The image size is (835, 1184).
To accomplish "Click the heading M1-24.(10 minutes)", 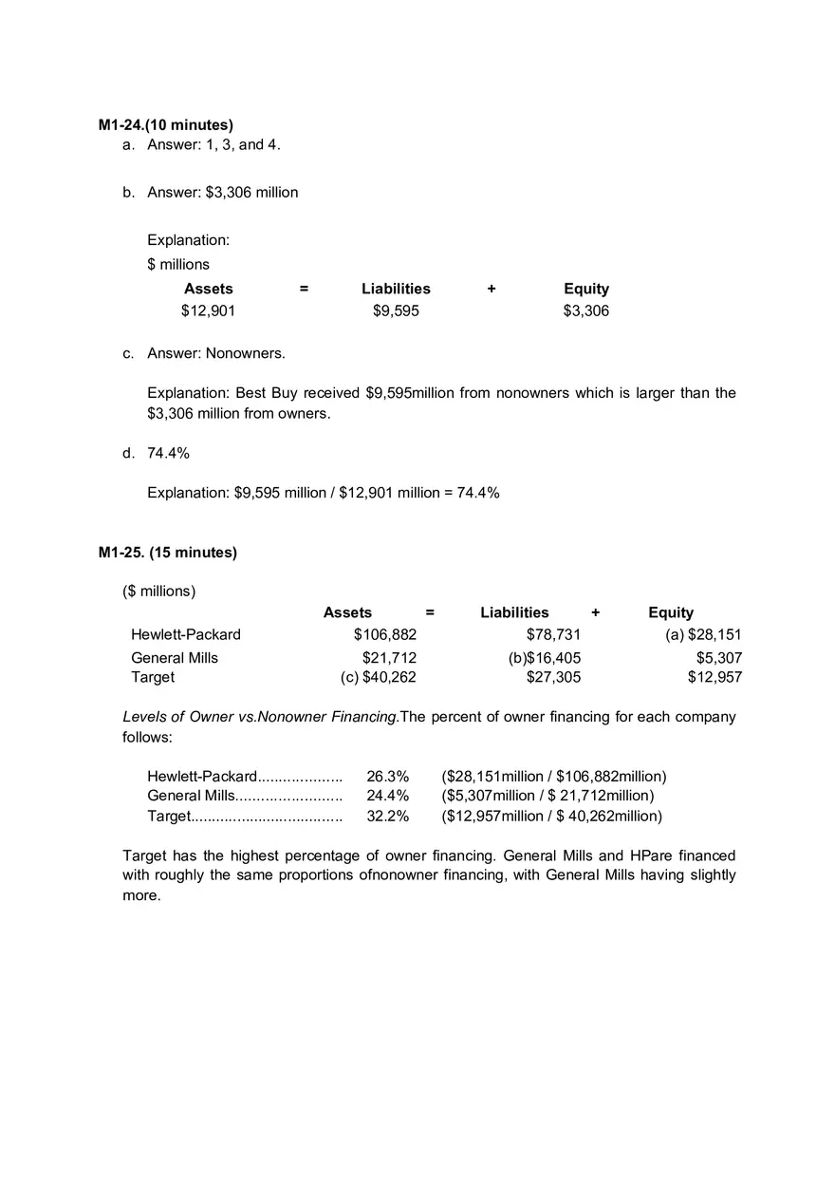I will click(166, 125).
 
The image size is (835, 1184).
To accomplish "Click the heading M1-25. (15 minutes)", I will click(168, 553).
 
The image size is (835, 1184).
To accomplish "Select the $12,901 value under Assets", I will click(208, 310).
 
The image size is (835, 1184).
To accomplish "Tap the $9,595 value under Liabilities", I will click(396, 310).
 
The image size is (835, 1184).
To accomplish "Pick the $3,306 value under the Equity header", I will click(585, 310).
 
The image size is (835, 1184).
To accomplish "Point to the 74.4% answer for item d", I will click(168, 453).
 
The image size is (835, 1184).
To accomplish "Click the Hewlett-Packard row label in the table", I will click(186, 634).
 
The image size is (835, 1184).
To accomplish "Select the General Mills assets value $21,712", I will click(389, 658).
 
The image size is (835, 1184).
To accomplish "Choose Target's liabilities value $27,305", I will click(553, 677).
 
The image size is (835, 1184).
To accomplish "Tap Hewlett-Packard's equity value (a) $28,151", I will click(703, 634).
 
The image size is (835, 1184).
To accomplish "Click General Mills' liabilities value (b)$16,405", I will click(545, 658).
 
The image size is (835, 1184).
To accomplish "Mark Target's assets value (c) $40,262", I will click(379, 677).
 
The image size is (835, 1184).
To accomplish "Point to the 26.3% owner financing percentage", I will click(387, 777).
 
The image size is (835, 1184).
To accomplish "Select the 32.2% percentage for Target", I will click(387, 816).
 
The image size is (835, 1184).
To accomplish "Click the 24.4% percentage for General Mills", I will click(387, 796).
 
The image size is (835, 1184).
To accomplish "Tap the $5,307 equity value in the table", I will click(719, 658).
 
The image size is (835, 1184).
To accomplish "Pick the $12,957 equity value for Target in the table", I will click(714, 677).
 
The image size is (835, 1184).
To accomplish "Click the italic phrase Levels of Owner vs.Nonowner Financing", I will click(261, 717).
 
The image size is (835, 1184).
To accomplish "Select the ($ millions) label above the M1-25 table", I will click(158, 592).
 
